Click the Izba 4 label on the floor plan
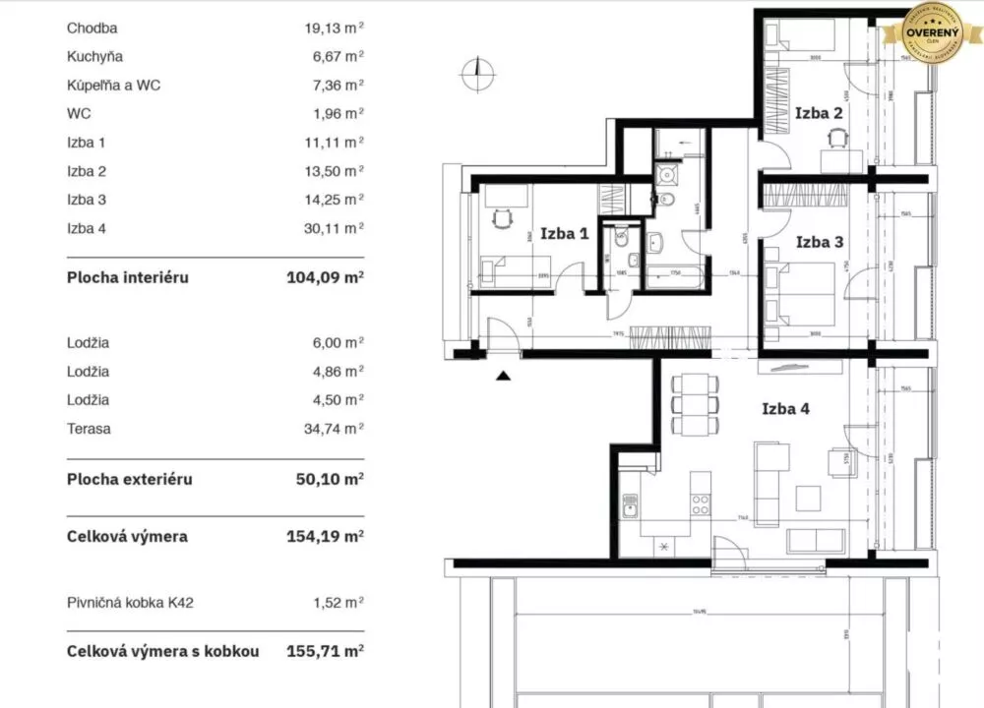(785, 409)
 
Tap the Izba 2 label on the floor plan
(818, 113)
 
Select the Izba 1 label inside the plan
(564, 234)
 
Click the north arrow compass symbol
(475, 70)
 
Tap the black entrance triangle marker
(504, 374)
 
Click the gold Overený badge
(933, 34)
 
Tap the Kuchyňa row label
(94, 57)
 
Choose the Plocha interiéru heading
(127, 277)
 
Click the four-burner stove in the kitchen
(701, 505)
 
